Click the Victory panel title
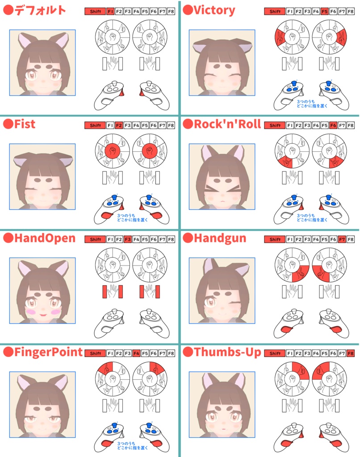[214, 10]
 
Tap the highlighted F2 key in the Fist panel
[119, 125]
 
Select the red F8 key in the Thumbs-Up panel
[351, 353]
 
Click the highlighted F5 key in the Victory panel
[324, 11]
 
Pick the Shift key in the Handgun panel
[275, 239]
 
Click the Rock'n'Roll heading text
[227, 124]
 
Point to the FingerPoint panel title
[48, 352]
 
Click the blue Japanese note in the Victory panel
[312, 104]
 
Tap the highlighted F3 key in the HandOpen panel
[127, 239]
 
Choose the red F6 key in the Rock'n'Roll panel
[333, 125]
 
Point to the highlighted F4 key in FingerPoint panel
[136, 353]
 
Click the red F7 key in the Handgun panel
[342, 239]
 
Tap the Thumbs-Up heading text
[227, 352]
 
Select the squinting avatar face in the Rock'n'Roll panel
[222, 177]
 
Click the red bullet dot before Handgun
[188, 238]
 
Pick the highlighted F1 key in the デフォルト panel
[110, 11]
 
